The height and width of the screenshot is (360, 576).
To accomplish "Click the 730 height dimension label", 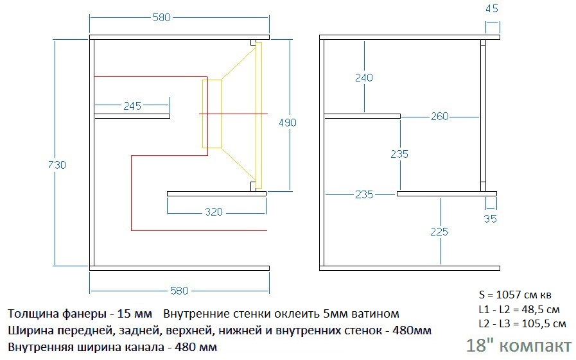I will (x=58, y=165).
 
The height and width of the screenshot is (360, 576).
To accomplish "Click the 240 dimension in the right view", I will (x=363, y=78).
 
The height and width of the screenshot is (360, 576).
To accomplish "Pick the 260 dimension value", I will (x=440, y=116).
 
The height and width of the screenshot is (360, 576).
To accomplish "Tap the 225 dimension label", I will (x=440, y=232).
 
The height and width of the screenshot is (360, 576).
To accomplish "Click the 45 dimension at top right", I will (x=492, y=9).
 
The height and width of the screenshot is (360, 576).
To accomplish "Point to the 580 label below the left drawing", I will (x=179, y=291).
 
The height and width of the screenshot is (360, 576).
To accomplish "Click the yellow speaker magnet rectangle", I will (x=212, y=114).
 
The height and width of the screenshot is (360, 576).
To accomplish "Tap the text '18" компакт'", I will (x=518, y=345).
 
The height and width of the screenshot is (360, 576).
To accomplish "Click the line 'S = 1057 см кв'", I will (x=515, y=295).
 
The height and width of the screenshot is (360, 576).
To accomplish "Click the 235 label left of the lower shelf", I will (x=363, y=194).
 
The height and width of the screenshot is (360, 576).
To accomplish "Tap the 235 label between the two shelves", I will (x=399, y=155).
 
